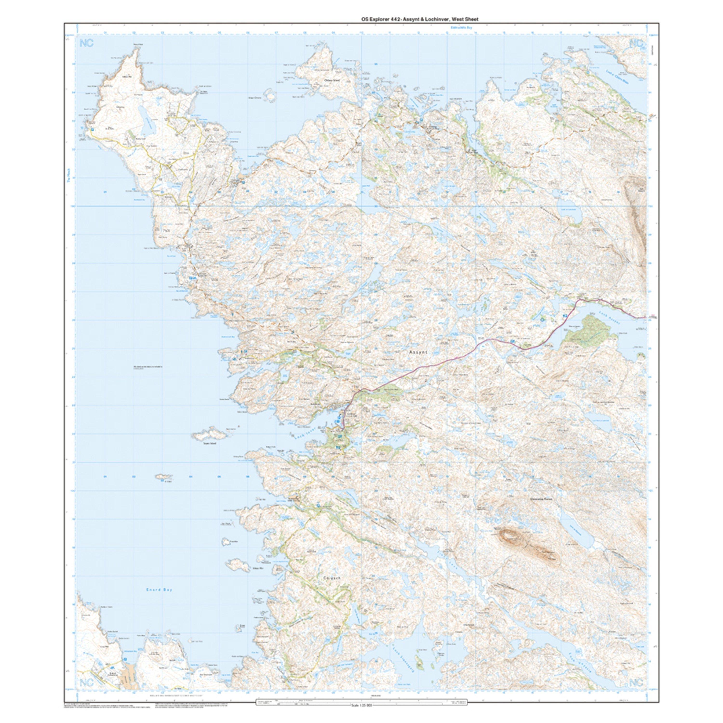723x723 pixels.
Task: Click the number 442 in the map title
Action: pos(391,19)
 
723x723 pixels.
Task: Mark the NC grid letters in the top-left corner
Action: pos(87,43)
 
